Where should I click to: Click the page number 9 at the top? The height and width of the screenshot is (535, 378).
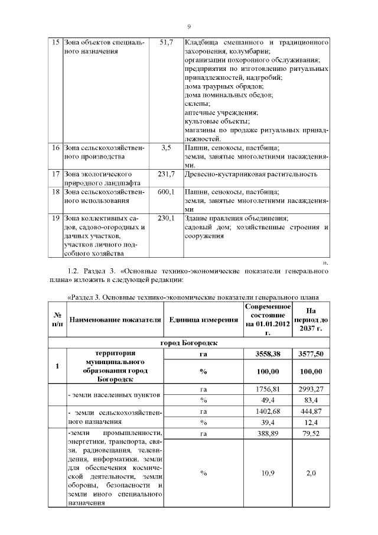click(189, 26)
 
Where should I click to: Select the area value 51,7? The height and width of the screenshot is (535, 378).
click(165, 43)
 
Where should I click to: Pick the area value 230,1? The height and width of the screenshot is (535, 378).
click(165, 218)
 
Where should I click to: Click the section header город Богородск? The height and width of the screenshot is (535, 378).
click(189, 343)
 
